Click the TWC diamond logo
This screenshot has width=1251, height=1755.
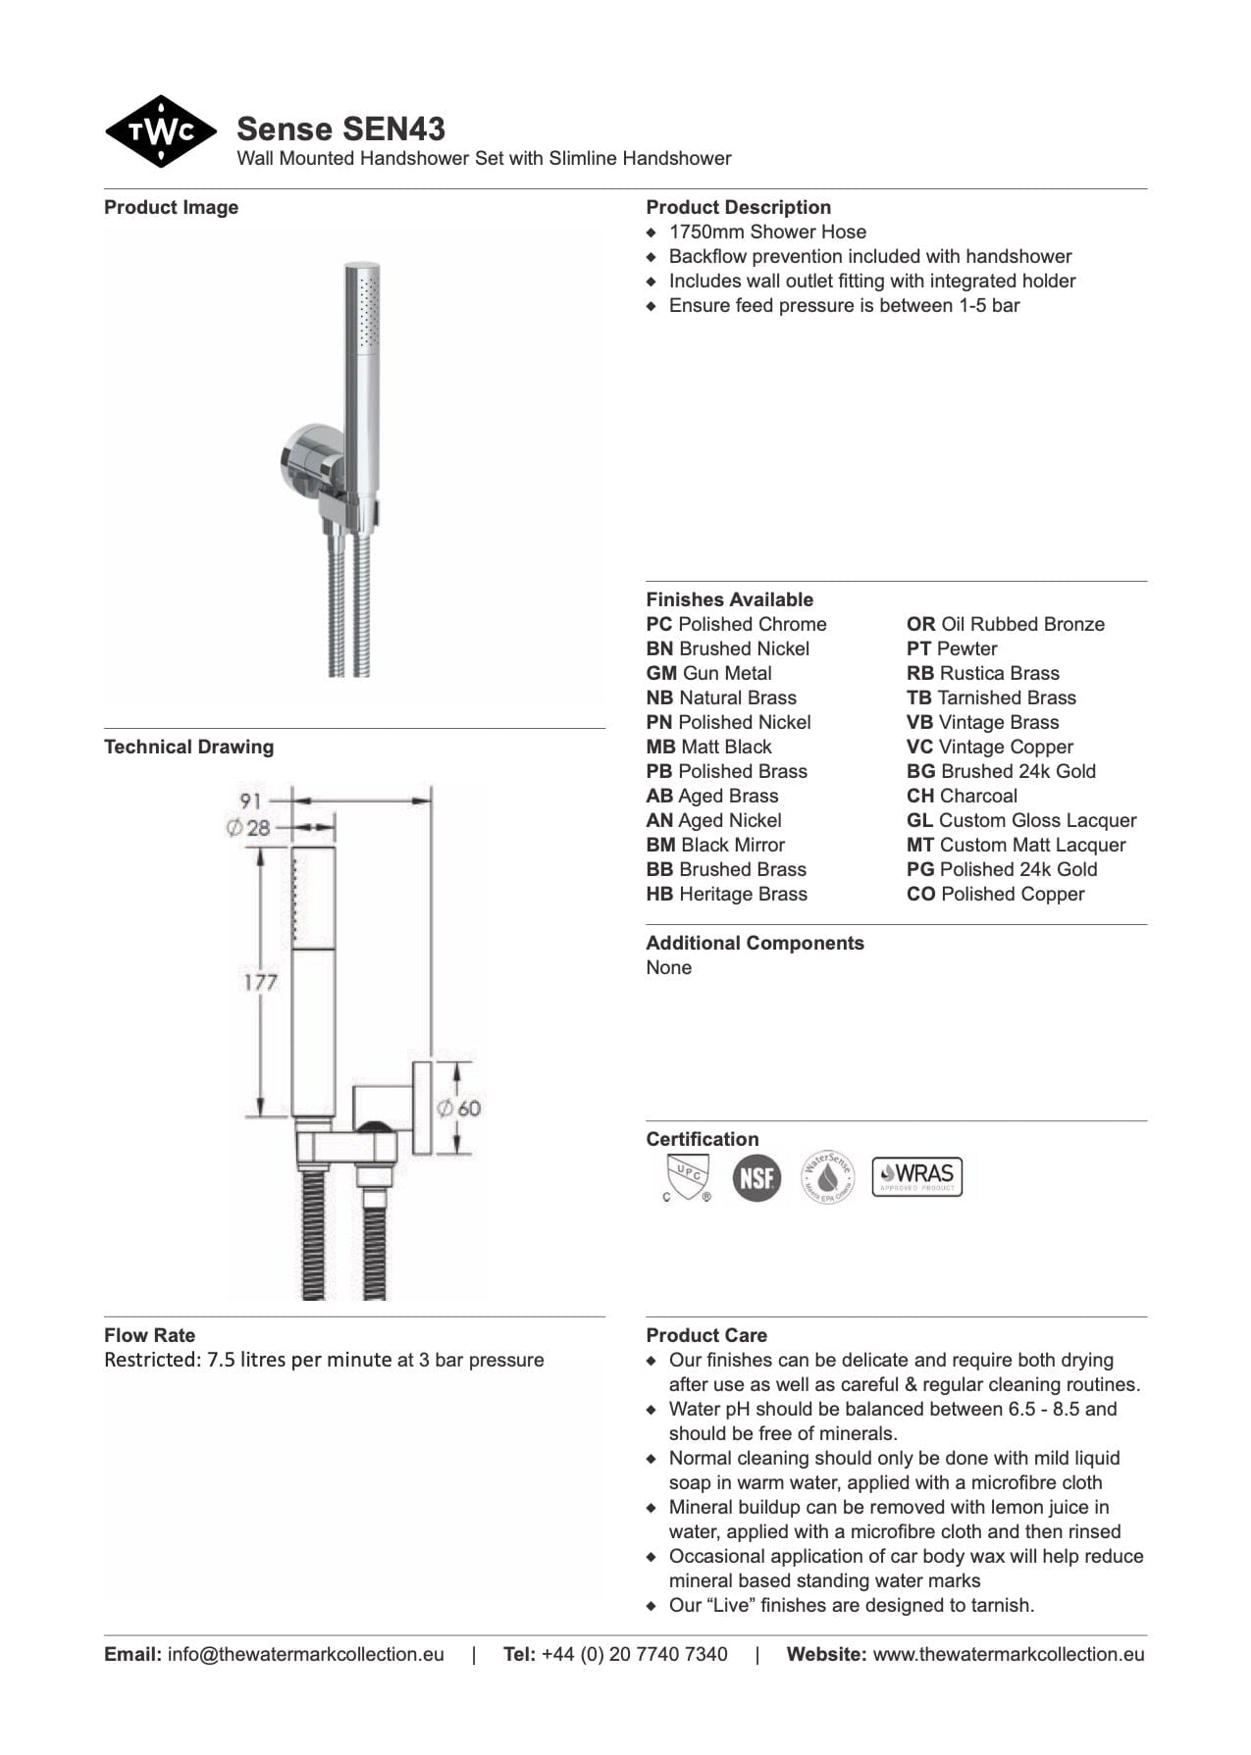[x=160, y=131]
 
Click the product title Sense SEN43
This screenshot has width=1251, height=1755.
[x=340, y=129]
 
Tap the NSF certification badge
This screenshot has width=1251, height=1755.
[x=756, y=1177]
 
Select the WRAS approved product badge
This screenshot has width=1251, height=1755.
[x=917, y=1176]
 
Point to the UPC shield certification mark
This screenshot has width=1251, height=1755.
[x=687, y=1177]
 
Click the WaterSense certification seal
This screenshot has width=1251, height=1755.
[x=828, y=1177]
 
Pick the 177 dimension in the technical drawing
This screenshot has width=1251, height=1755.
[x=260, y=981]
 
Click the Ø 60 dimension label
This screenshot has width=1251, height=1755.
[x=459, y=1109]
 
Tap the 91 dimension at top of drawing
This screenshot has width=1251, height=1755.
[x=251, y=800]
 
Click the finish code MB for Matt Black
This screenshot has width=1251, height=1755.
[x=660, y=747]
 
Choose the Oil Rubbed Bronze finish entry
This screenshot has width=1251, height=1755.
[x=1006, y=624]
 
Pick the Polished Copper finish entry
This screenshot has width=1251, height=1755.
[x=996, y=894]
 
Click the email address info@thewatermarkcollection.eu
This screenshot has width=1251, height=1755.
[x=305, y=1654]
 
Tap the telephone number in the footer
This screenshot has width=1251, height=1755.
[x=634, y=1654]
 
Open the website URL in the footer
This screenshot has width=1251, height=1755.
[x=1008, y=1654]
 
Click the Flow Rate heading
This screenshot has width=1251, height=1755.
[x=149, y=1335]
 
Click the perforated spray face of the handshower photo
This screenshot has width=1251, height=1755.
[x=368, y=310]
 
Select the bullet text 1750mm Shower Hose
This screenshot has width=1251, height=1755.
[x=767, y=232]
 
